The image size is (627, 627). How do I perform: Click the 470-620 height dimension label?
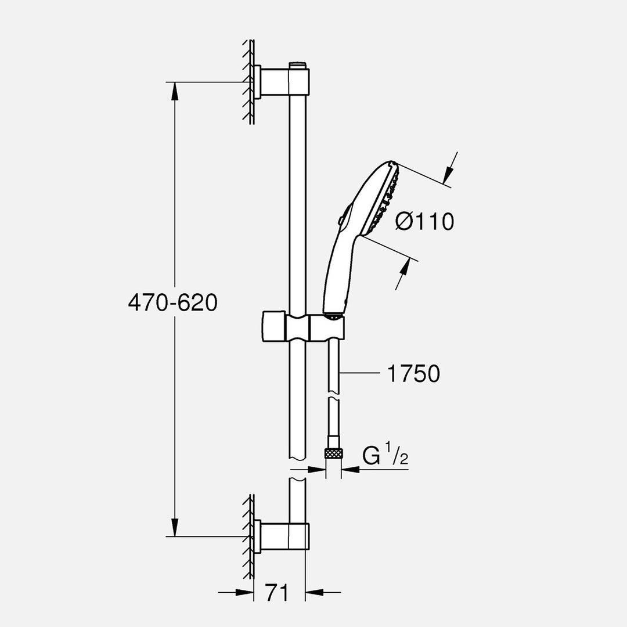pos(172,303)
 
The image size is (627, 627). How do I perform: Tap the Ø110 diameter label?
pos(424,221)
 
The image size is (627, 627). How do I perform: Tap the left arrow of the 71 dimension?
pos(246,592)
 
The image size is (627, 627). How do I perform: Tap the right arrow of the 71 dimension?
pos(314,592)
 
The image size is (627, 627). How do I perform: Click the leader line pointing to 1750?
pos(360,374)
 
